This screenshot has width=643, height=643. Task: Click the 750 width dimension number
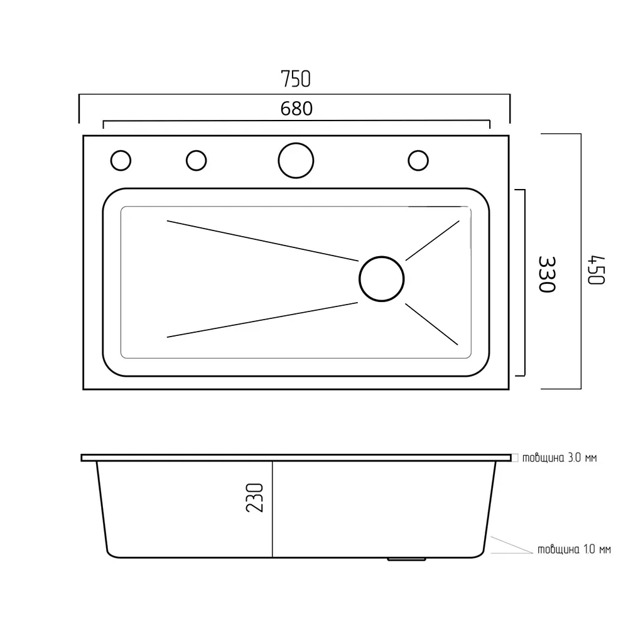(x=296, y=79)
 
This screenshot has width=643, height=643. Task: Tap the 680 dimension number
(x=296, y=109)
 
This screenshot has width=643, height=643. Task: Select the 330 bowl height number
(x=547, y=274)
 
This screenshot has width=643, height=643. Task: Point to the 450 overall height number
(x=597, y=270)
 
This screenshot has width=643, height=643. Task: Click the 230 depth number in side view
(x=254, y=497)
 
